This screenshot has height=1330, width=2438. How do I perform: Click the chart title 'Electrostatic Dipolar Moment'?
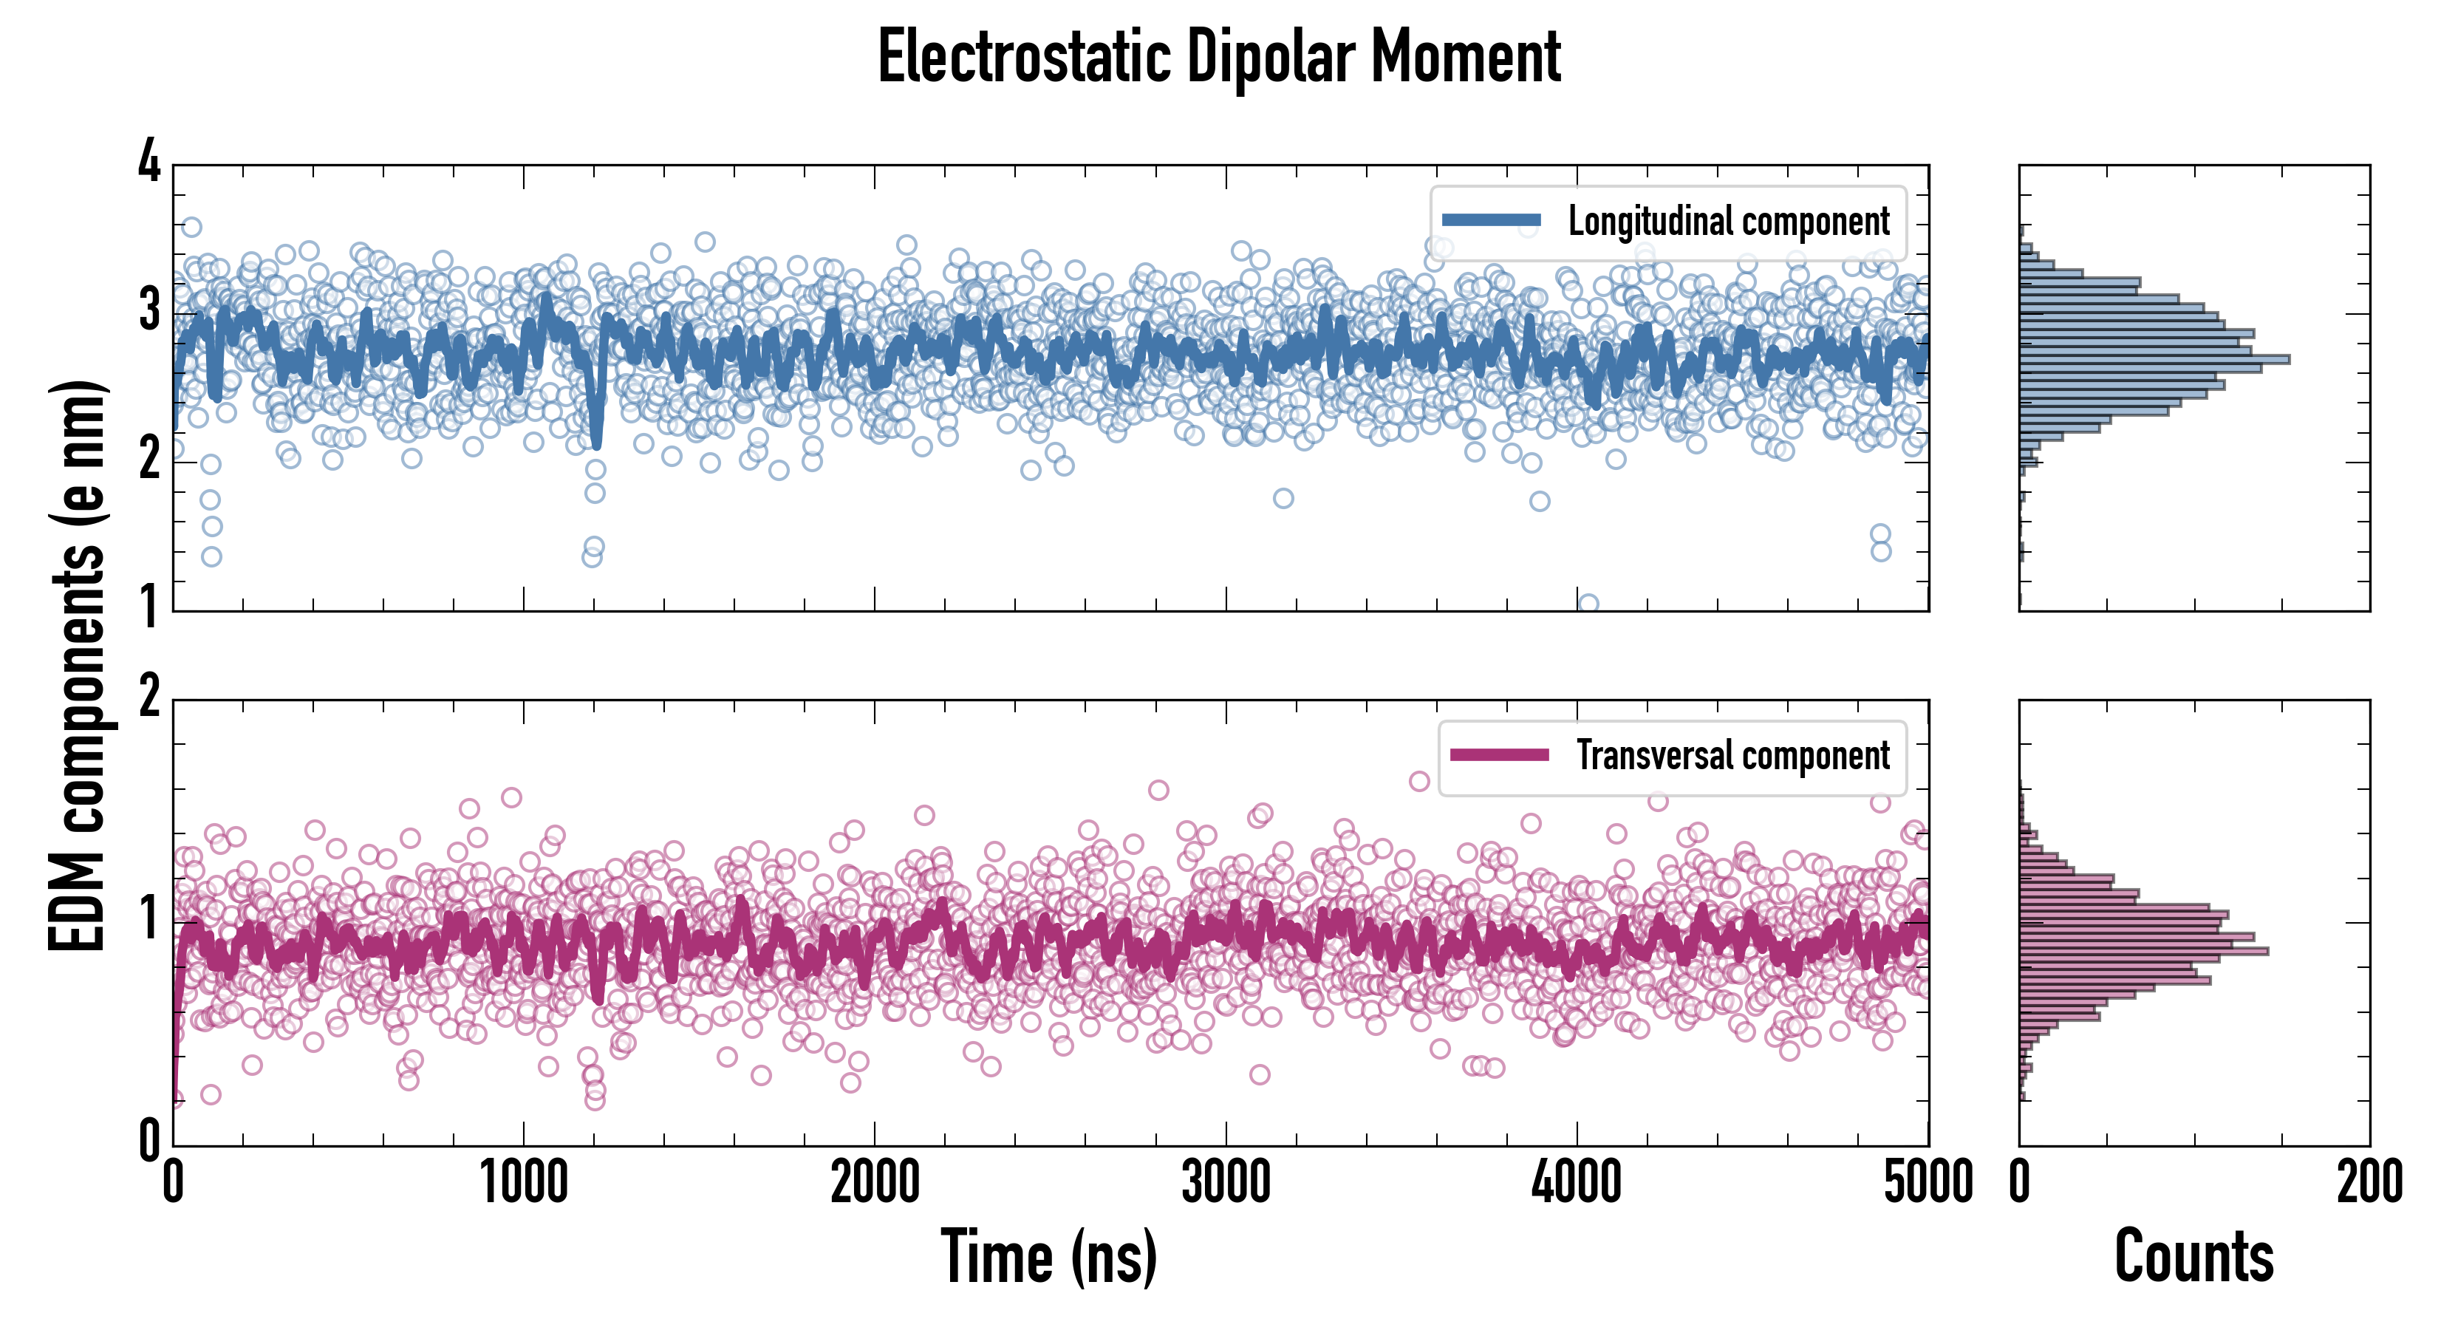click(1219, 57)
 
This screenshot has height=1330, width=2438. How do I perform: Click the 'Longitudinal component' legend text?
click(1728, 222)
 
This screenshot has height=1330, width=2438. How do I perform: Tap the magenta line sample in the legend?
click(1499, 755)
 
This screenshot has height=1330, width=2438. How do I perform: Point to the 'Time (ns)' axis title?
click(1048, 1256)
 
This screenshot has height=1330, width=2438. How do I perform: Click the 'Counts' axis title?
click(2193, 1256)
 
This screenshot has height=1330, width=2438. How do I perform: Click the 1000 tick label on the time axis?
click(523, 1183)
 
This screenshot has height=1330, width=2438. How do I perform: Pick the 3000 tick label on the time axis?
click(1226, 1183)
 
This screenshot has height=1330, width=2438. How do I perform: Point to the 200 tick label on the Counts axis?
click(2369, 1183)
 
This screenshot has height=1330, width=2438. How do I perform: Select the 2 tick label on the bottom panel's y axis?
click(149, 698)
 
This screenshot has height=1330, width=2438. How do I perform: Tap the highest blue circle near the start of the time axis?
click(191, 227)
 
